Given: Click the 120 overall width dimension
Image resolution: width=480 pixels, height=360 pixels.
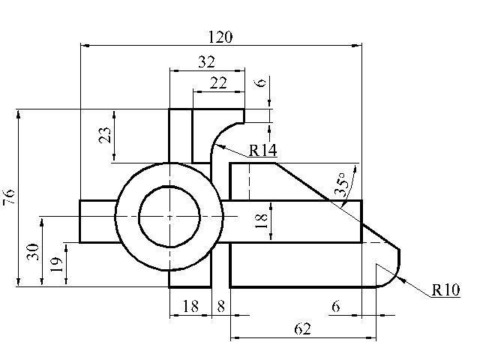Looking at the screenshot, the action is (220, 37).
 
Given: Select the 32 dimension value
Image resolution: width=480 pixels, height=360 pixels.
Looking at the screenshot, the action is (207, 62).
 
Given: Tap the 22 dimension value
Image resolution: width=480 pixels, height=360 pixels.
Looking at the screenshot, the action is (218, 83).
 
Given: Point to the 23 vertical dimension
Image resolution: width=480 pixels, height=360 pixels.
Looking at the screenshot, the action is (105, 135).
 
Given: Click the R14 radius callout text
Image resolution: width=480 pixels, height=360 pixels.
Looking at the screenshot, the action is (262, 150).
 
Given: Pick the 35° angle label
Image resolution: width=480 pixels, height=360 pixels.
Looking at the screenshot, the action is (342, 184).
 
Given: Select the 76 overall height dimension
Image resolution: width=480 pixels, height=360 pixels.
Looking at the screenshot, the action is (8, 197).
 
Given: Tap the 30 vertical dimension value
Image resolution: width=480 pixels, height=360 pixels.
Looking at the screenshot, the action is (33, 252).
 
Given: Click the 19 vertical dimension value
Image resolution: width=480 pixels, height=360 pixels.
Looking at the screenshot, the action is (56, 265).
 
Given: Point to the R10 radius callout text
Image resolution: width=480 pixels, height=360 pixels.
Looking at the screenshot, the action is (445, 289).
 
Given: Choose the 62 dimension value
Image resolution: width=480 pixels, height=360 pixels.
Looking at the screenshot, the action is (302, 329).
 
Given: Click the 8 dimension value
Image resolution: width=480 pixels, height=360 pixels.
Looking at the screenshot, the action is (221, 306).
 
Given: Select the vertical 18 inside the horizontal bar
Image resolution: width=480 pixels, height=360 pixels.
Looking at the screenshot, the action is (261, 220).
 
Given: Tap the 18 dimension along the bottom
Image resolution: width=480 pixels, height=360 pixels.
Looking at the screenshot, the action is (190, 306).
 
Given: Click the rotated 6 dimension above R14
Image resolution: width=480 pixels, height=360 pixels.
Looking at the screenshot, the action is (260, 82).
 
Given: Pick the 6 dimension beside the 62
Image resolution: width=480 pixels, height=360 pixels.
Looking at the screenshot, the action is (336, 306).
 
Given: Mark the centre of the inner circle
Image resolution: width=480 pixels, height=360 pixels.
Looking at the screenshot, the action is (169, 217).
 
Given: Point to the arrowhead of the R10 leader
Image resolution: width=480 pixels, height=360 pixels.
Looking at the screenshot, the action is (401, 280).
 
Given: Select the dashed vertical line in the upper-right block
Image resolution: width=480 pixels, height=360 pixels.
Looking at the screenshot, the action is (250, 181).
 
